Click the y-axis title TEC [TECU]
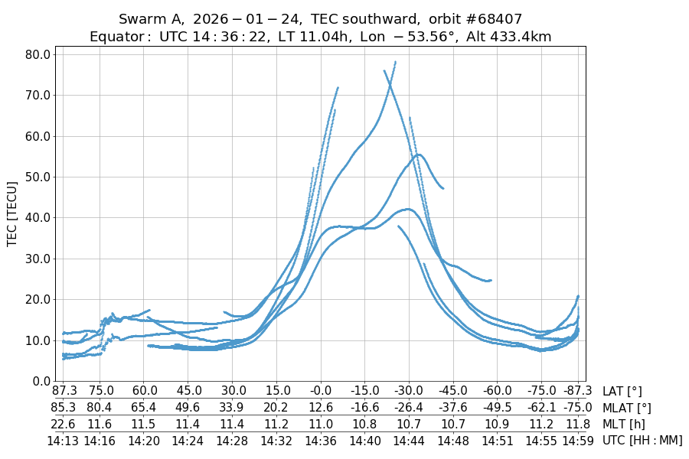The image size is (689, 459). coord(12,213)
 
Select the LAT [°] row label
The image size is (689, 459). coord(622,392)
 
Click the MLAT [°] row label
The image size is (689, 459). coord(627,408)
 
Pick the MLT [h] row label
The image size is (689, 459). coord(623,424)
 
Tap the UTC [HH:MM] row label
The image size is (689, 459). coord(642,440)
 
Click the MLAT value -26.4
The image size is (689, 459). coord(409,408)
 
